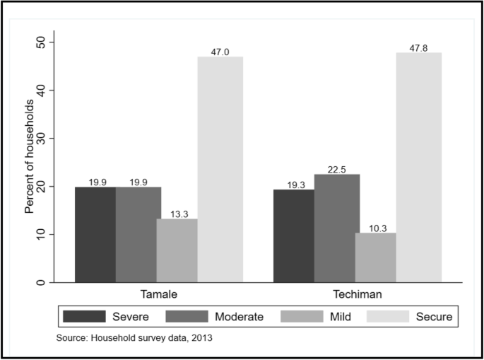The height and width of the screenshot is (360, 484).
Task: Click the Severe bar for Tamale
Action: tap(95, 234)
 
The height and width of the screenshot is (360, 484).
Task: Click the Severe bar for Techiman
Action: tap(293, 236)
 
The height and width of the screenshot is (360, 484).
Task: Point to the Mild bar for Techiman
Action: tap(376, 257)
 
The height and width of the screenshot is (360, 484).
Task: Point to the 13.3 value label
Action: tap(177, 214)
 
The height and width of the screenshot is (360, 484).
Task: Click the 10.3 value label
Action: tap(376, 228)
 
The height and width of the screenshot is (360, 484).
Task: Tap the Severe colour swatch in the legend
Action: tap(83, 315)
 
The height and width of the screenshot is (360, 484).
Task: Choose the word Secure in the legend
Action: tap(435, 315)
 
